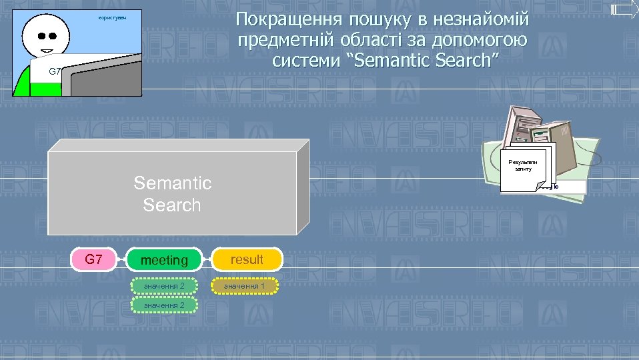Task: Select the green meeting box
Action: [x=164, y=260]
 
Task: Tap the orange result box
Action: [x=247, y=259]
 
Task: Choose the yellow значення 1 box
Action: [x=244, y=286]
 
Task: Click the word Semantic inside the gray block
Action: [x=172, y=183]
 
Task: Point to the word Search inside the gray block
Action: [x=172, y=205]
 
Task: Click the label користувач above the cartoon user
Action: [x=111, y=17]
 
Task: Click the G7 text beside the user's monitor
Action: [x=55, y=71]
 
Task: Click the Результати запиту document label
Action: [x=524, y=165]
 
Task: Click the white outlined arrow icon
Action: [x=624, y=9]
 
